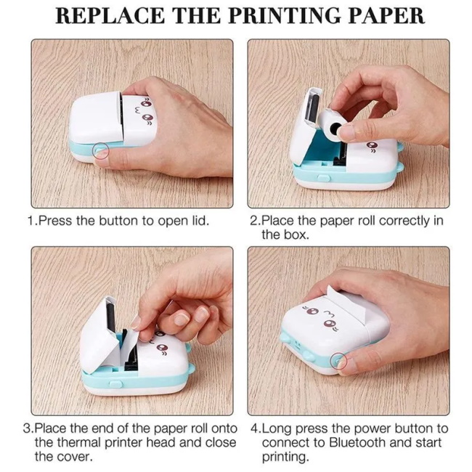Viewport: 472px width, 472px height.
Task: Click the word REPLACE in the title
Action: click(110, 16)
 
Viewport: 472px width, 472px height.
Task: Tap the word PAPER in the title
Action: click(387, 16)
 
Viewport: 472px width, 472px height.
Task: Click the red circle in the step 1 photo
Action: click(101, 150)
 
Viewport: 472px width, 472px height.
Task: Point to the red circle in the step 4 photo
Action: click(338, 360)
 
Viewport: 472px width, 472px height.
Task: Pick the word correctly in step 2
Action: click(404, 221)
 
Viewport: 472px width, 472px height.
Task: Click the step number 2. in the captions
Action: click(256, 221)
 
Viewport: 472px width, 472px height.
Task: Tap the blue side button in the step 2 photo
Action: click(323, 178)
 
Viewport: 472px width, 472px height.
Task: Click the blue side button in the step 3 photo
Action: click(115, 384)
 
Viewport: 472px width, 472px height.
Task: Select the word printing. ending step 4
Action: click(285, 457)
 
